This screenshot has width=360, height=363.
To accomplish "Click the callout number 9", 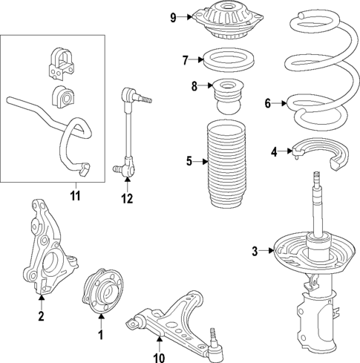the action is coord(173,18).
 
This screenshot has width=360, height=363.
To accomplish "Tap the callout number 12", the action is coord(127,198).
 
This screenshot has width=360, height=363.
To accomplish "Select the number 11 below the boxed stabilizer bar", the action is coord(76,196).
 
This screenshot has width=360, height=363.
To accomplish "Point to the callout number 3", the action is coord(255,251).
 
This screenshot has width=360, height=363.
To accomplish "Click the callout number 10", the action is coord(159,358).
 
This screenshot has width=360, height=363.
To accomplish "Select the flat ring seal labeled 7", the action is coord(229,60).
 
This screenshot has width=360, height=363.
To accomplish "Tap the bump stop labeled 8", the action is coord(229,97).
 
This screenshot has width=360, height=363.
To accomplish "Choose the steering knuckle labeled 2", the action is coord(49,247).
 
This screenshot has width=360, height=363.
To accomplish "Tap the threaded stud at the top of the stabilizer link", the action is coord(145,99).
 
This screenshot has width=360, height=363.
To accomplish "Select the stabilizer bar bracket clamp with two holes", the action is coord(61,65).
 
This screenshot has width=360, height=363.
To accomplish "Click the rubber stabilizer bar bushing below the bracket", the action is coord(63,97).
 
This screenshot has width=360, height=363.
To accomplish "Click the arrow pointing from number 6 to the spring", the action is coord(279,103).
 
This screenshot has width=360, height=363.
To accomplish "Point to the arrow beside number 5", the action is coord(200,162).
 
